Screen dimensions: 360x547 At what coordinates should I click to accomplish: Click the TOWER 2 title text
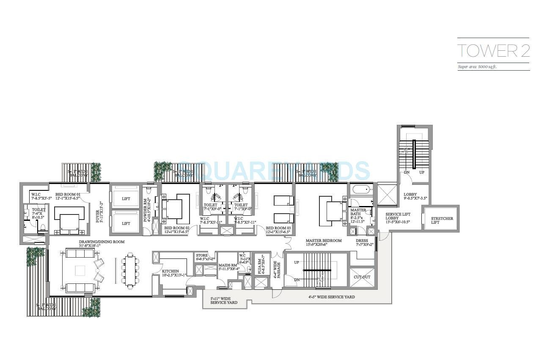tap(493, 50)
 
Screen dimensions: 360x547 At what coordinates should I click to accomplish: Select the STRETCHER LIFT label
tap(442, 220)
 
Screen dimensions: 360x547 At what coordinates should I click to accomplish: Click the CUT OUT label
tap(362, 277)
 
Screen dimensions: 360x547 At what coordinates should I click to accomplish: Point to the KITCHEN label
tap(170, 271)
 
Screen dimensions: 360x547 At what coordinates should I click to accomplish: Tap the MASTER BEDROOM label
tap(324, 241)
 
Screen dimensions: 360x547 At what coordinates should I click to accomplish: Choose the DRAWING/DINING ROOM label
tap(101, 242)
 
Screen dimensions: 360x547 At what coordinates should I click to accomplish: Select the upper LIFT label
tap(126, 199)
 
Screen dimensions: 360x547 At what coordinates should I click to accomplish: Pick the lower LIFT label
tap(126, 223)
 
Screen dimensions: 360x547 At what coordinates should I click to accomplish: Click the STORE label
tap(202, 256)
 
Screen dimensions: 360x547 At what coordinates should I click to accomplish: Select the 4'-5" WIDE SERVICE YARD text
tap(331, 297)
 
